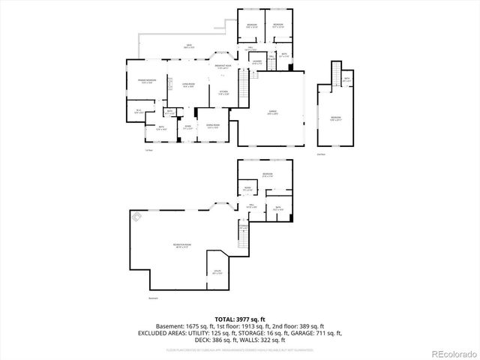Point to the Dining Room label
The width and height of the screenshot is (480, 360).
click(x=212, y=126)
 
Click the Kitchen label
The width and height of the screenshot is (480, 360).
click(x=223, y=93)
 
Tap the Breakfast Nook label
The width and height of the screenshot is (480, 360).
click(x=223, y=67)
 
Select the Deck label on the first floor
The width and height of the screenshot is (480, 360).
click(x=189, y=46)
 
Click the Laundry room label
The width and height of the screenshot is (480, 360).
click(x=256, y=63)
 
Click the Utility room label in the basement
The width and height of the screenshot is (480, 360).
click(x=217, y=274)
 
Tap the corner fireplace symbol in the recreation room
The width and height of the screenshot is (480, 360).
click(x=137, y=218)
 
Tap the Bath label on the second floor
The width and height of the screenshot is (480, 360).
click(x=346, y=79)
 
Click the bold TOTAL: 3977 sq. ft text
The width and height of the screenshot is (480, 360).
click(x=239, y=319)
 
